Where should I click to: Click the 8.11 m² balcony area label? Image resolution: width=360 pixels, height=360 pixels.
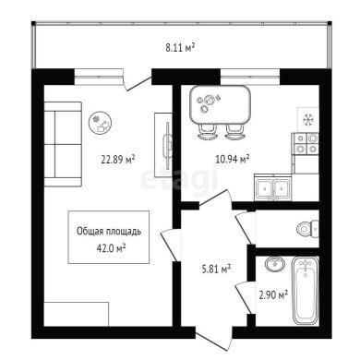[180, 48]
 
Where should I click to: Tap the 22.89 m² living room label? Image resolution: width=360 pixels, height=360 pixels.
[118, 160]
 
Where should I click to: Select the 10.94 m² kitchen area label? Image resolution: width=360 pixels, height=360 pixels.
[233, 159]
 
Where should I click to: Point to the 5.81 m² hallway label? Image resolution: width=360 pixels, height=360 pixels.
[216, 270]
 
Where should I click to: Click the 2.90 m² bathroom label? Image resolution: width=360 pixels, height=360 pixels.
[273, 295]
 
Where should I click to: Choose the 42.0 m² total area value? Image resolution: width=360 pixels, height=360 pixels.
[111, 248]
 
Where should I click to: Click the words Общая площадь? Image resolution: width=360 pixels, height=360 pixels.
[109, 232]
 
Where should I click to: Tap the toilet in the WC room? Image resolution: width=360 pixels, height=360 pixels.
[308, 229]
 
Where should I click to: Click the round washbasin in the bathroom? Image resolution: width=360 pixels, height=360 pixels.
[274, 264]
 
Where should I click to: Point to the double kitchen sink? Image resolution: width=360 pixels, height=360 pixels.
[273, 187]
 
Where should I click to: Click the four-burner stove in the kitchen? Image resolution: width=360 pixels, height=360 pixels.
[306, 144]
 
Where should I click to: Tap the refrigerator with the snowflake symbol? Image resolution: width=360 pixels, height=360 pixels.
[307, 119]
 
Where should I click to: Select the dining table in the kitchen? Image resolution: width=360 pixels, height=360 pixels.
[221, 104]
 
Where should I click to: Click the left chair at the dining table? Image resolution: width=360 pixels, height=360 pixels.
[207, 132]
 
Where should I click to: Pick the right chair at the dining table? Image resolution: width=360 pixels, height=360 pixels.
[234, 132]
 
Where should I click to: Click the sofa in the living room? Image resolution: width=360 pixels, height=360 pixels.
[63, 144]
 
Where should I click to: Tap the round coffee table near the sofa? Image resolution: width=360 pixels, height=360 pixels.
[101, 123]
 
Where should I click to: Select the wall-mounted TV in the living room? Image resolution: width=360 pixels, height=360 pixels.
[168, 146]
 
